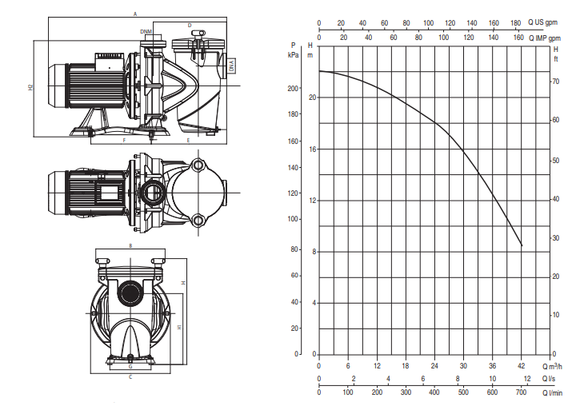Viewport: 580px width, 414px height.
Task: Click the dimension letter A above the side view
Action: (x=135, y=14)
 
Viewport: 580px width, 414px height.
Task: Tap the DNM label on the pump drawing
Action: (x=146, y=31)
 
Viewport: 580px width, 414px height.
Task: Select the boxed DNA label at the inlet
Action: (x=231, y=66)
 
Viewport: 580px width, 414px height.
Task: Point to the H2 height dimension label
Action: (x=30, y=87)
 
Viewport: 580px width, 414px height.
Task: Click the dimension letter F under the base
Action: (x=124, y=141)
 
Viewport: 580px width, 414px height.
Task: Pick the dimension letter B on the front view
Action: (x=130, y=245)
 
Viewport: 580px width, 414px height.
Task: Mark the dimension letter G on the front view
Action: (x=130, y=366)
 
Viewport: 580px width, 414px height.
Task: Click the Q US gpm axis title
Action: (x=542, y=22)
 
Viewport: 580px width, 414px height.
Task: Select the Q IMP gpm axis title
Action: (x=545, y=38)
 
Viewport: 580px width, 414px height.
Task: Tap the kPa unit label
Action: (x=293, y=55)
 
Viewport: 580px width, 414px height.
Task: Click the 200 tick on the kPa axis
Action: (x=293, y=89)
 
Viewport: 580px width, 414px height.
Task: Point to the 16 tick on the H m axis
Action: (x=313, y=149)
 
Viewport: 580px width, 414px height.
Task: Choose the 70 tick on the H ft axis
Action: (x=555, y=82)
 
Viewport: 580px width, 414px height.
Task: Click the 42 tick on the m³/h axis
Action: (x=521, y=366)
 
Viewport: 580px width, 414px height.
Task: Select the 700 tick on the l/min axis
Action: (x=521, y=392)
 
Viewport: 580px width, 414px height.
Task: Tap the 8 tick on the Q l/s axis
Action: (x=458, y=379)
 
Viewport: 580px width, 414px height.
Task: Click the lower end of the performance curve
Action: (x=522, y=246)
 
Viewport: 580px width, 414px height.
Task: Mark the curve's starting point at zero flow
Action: (x=319, y=71)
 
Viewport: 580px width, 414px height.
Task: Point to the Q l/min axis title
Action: (x=552, y=393)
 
